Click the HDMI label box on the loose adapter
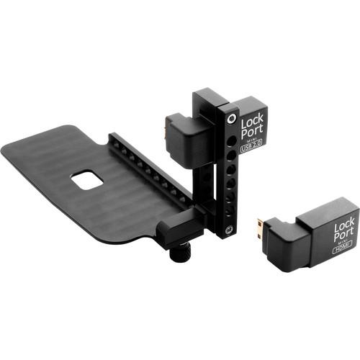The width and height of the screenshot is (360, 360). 342,251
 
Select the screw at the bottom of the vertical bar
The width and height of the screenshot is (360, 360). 228,231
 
